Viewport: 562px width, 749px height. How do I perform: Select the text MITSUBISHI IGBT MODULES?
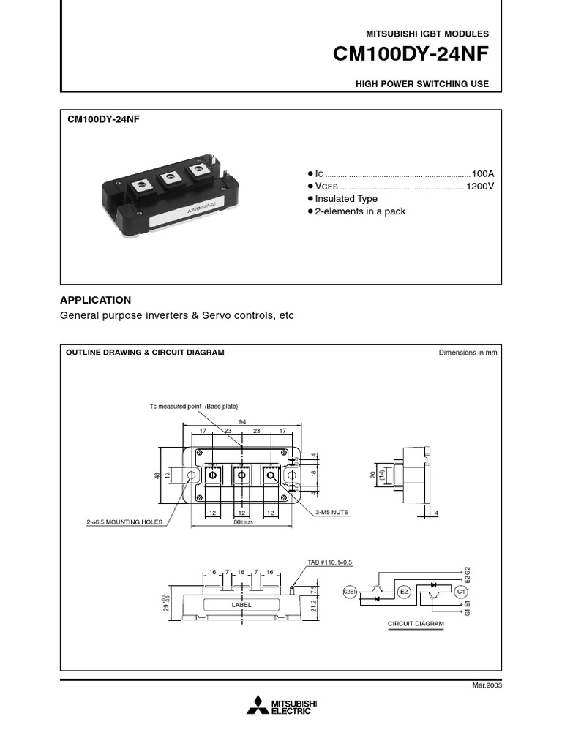[427, 34]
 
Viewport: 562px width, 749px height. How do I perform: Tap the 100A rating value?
[483, 174]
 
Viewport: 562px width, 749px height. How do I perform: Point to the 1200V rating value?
[480, 187]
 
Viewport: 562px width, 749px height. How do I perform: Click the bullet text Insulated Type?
[346, 199]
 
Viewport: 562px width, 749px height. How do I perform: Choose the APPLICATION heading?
[95, 300]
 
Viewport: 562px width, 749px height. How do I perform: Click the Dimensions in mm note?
[468, 353]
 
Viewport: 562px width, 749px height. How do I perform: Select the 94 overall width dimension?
[242, 421]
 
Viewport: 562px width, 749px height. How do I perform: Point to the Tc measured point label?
[194, 406]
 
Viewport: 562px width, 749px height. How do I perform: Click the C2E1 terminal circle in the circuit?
[349, 592]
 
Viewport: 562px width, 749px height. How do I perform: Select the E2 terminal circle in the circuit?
[404, 592]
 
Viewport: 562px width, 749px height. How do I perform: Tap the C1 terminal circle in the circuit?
[461, 592]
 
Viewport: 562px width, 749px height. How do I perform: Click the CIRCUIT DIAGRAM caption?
[416, 625]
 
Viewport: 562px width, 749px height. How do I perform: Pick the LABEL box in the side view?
[241, 605]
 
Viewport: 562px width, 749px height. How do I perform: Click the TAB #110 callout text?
[330, 562]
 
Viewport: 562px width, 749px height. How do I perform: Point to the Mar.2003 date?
[487, 685]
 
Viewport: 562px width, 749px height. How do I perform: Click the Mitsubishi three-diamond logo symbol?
[257, 706]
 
